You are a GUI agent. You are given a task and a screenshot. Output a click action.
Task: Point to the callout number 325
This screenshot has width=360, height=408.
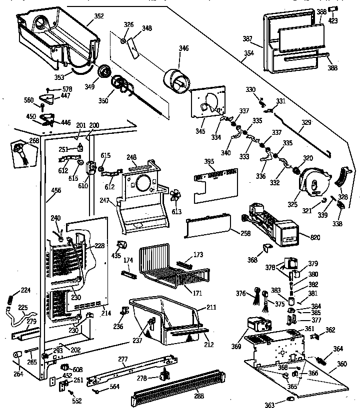[x=292, y=204]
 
